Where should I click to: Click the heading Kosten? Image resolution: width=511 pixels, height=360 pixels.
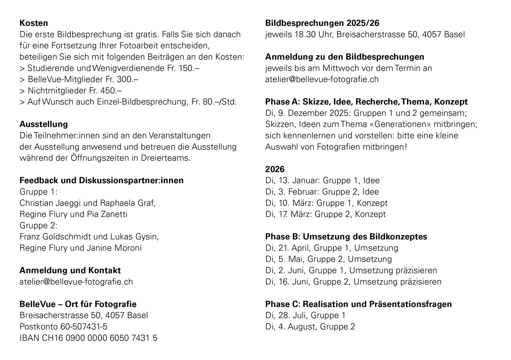(34, 23)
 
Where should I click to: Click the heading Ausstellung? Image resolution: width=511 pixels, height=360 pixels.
(43, 124)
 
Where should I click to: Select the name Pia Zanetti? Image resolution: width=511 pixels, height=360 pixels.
(107, 214)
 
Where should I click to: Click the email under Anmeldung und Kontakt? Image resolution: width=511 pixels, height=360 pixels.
(76, 281)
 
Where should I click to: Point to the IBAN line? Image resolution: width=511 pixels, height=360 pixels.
(88, 338)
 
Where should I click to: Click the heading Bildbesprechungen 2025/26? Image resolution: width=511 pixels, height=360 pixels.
(322, 23)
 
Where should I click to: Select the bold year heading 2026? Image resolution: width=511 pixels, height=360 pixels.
(275, 169)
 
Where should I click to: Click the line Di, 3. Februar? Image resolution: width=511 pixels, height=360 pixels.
(322, 192)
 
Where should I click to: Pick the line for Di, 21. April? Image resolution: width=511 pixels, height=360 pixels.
(332, 248)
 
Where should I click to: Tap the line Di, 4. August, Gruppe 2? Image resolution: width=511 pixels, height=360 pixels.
(310, 326)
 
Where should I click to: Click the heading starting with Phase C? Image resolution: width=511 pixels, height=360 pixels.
(358, 304)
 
